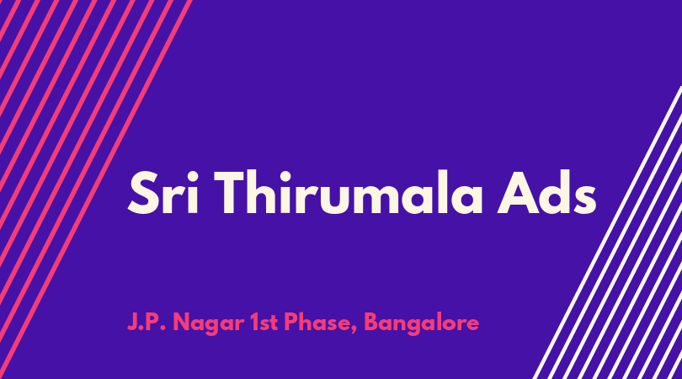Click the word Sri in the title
coord(163,192)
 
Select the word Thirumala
coord(349,191)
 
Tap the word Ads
coord(546,191)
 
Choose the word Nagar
coord(208,323)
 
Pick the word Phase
coord(320,323)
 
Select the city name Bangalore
coord(422,323)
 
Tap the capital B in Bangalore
coord(371,323)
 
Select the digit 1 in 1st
coord(254,323)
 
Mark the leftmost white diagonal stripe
coord(607,232)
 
